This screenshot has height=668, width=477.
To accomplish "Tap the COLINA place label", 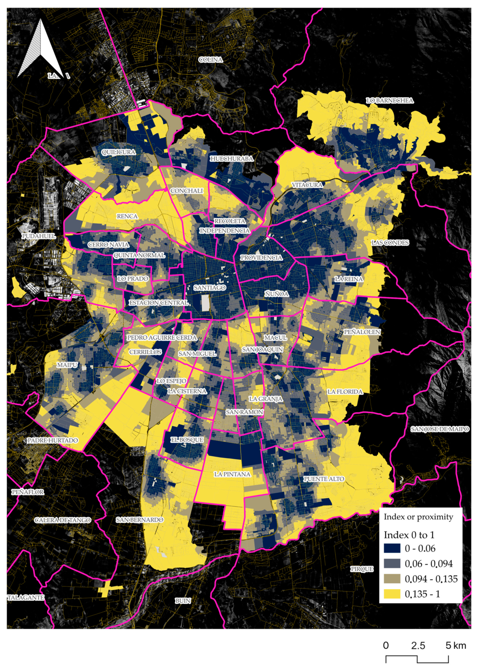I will (x=211, y=60).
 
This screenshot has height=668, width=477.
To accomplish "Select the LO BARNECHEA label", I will (x=389, y=101).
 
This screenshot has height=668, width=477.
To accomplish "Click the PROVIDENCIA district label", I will (x=261, y=258).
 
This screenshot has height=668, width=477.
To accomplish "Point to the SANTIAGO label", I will (x=209, y=288).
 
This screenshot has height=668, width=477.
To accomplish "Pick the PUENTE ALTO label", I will (x=324, y=479).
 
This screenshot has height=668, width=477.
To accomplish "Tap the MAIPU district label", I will (x=67, y=365).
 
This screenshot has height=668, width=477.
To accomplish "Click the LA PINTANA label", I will (x=232, y=474).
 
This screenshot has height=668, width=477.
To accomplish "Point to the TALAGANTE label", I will (x=26, y=597).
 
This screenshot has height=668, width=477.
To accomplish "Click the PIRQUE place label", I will (x=362, y=569).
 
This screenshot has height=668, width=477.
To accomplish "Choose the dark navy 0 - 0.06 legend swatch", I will (x=392, y=548).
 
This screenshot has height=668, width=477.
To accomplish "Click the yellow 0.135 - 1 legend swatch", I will (x=392, y=594).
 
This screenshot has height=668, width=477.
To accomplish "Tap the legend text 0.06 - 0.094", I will (x=428, y=563).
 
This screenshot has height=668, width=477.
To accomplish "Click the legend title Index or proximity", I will (x=418, y=517).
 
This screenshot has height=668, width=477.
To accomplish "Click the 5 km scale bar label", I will (x=455, y=645).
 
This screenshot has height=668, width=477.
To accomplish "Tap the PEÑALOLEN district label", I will (x=362, y=332).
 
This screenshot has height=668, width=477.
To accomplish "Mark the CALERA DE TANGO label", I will (x=63, y=520).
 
